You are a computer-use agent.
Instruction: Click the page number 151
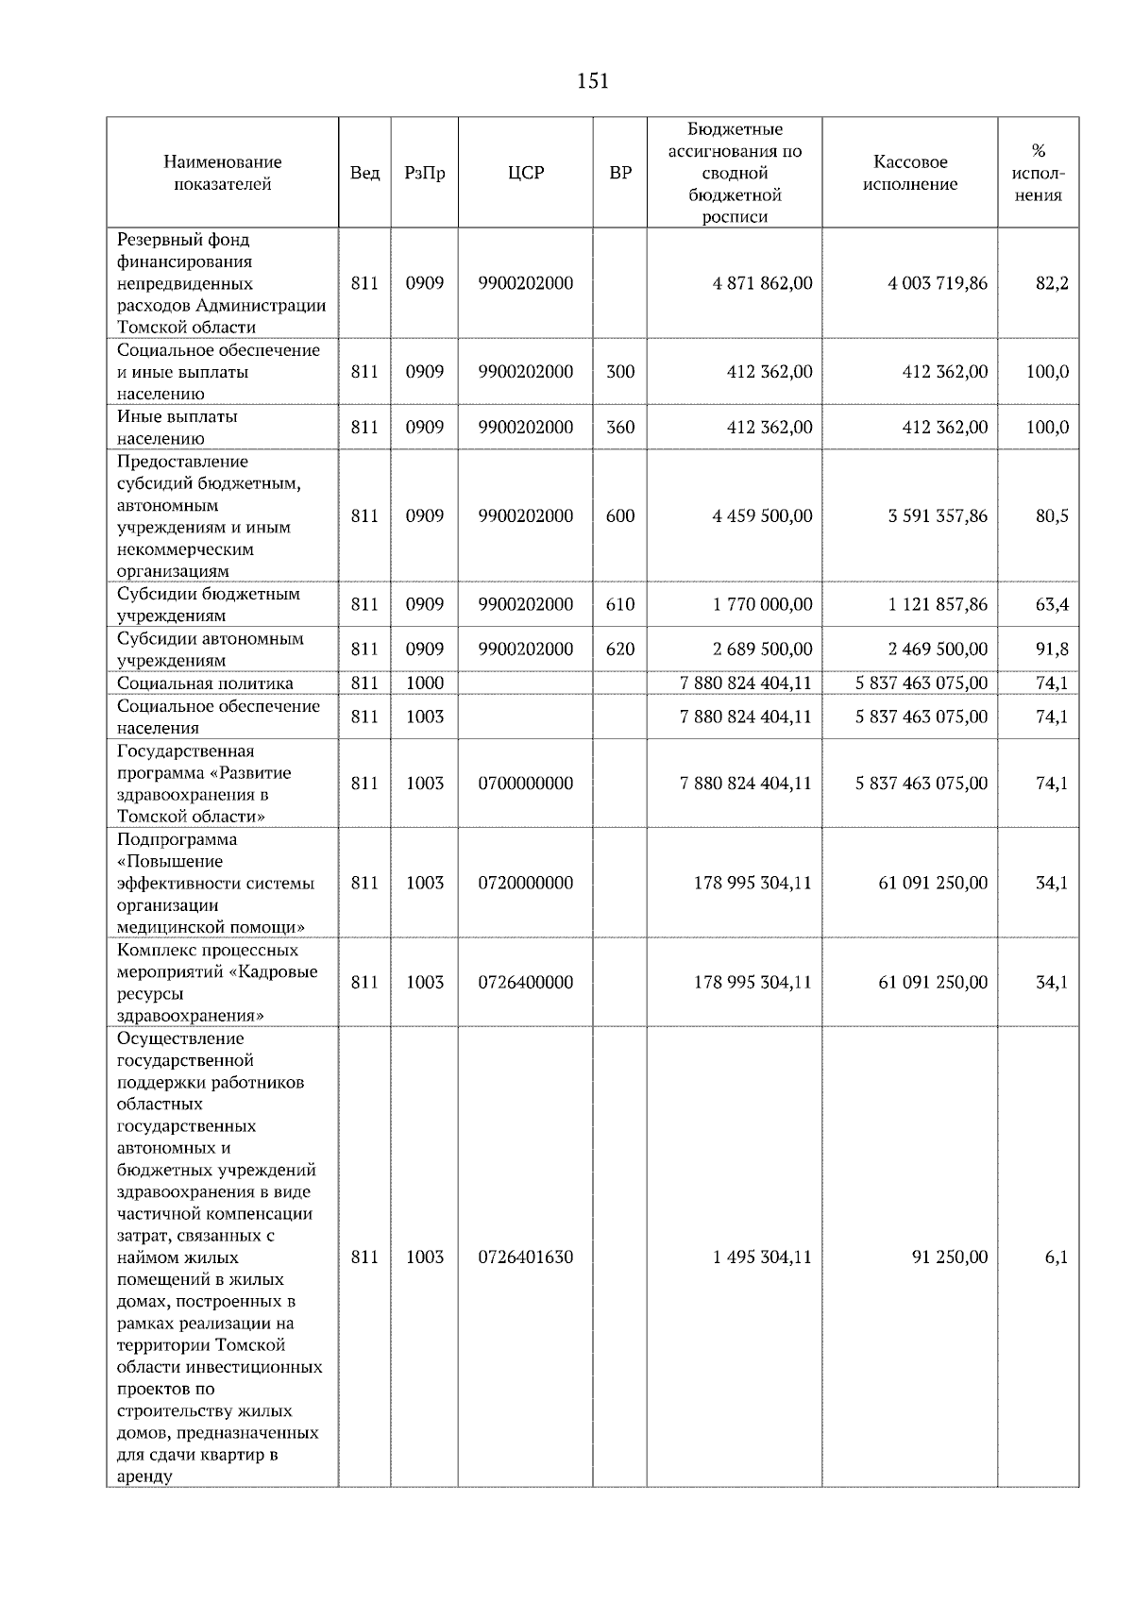(592, 81)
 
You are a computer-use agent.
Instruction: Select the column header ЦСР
(525, 173)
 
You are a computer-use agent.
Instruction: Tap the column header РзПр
(424, 173)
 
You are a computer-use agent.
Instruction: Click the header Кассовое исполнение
(909, 173)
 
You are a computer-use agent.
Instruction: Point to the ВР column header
(619, 173)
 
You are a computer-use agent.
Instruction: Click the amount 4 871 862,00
(763, 283)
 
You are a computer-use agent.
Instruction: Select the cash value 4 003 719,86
(938, 283)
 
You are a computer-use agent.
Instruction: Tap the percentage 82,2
(1052, 283)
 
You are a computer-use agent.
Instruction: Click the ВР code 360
(619, 427)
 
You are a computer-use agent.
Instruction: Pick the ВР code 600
(619, 515)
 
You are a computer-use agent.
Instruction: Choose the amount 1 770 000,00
(763, 604)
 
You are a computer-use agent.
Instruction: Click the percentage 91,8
(1052, 649)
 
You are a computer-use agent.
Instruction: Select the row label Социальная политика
(205, 683)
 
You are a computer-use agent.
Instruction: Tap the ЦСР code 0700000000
(525, 783)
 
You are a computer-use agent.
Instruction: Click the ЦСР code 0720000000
(525, 883)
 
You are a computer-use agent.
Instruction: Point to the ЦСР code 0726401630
(525, 1257)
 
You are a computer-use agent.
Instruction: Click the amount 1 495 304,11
(763, 1257)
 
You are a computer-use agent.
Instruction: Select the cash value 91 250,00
(950, 1257)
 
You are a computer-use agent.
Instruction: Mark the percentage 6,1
(1056, 1257)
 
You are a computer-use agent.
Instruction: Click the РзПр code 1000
(424, 683)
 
